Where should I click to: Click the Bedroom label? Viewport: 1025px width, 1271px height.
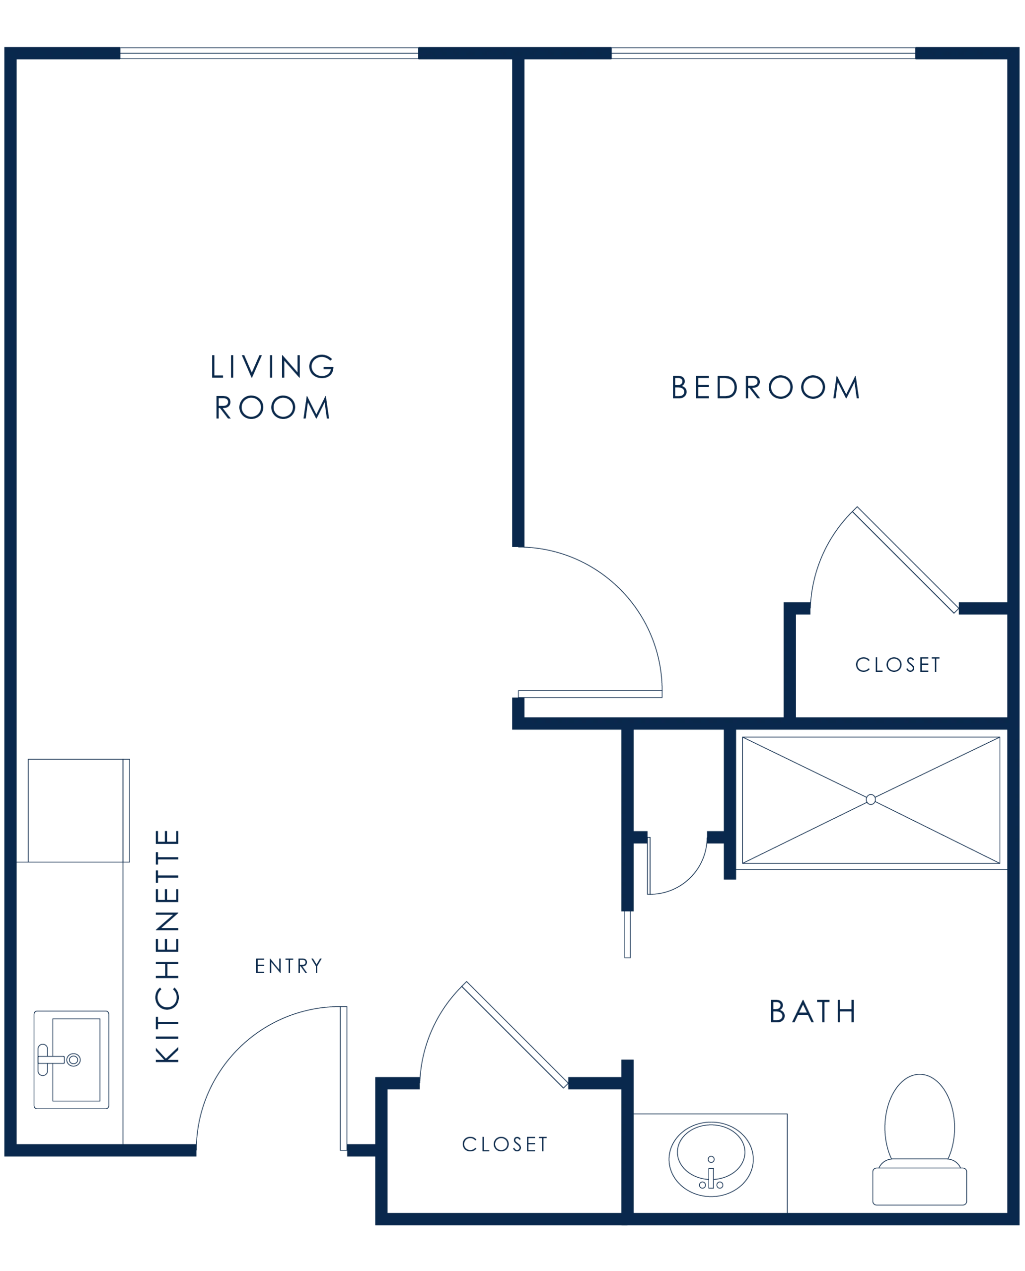tap(766, 387)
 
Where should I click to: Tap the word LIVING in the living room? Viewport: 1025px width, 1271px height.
tap(273, 366)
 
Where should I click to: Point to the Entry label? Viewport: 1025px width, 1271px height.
tap(289, 966)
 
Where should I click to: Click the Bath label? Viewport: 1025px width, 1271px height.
tap(812, 1011)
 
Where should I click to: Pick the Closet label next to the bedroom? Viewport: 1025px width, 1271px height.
tap(897, 665)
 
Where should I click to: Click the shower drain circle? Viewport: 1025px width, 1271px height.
tap(870, 799)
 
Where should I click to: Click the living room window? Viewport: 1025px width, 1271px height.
tap(269, 53)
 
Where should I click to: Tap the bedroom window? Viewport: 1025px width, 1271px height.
tap(763, 53)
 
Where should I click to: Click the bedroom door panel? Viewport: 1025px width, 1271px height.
tap(590, 694)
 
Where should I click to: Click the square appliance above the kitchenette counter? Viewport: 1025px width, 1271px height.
tap(78, 811)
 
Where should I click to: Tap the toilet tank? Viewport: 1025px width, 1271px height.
tap(919, 1186)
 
